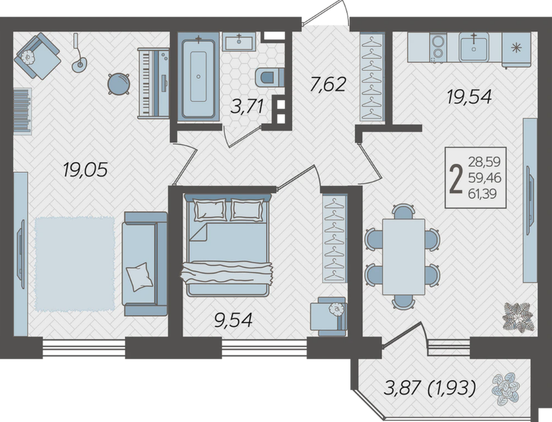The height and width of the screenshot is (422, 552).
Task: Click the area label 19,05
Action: point(85,171)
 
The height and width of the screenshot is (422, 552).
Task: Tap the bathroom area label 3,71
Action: point(247,106)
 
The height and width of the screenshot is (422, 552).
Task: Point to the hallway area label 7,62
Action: point(328,85)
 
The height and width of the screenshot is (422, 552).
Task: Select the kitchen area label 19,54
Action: point(469,96)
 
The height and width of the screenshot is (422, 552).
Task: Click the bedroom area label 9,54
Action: point(233,320)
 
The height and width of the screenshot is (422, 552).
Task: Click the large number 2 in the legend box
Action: point(456,179)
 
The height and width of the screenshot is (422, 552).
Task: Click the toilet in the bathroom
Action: point(269,77)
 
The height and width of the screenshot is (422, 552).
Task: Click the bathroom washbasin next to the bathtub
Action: point(239,41)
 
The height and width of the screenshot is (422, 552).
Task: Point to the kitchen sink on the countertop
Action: point(474,47)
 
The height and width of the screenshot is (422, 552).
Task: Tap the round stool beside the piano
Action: point(119,84)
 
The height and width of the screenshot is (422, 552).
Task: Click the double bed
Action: point(227,244)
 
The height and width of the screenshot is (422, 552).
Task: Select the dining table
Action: point(403,256)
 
